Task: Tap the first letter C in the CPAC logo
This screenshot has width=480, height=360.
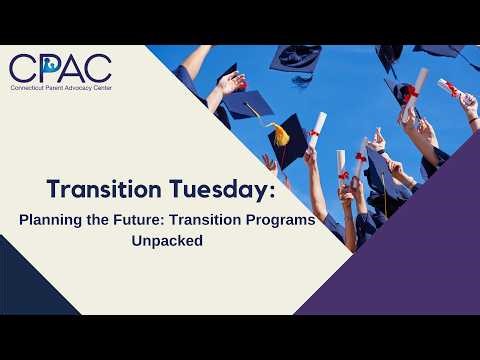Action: pyautogui.click(x=22, y=67)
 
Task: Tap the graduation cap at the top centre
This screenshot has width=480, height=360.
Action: pyautogui.click(x=295, y=58)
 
